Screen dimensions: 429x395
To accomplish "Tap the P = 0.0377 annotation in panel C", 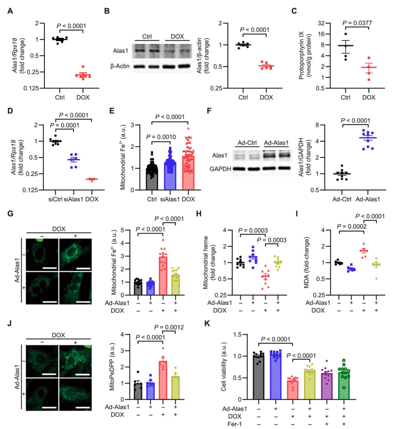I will point(357,23).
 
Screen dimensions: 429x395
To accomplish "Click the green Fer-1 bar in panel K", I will point(344,386).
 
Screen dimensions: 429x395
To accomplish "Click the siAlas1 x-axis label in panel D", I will point(74,199).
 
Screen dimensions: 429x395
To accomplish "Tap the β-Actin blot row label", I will point(120,66).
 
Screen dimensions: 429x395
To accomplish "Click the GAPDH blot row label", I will point(220,169).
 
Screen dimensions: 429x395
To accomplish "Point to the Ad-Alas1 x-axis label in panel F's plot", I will point(368,199).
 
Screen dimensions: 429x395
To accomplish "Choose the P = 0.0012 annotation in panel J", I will point(169,327).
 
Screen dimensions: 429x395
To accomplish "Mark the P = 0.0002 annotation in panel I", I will point(352,226).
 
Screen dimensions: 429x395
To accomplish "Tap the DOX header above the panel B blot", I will point(177,36).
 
